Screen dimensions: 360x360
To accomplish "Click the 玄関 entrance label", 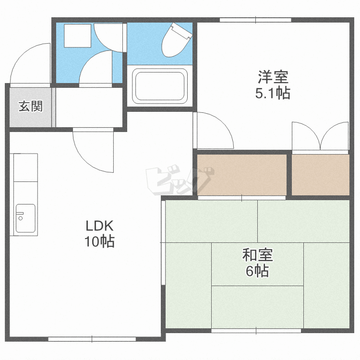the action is tap(31, 107).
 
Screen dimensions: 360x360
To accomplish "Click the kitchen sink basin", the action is tap(25, 218).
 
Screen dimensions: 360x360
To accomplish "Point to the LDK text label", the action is tap(99, 226).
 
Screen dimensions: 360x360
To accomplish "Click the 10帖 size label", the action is tap(99, 241).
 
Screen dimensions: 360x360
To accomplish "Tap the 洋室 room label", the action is tap(273, 77).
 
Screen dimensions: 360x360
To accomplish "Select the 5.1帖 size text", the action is tap(273, 93).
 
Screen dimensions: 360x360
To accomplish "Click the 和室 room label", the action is tap(257, 255).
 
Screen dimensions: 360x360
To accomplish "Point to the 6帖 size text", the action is tap(257, 271).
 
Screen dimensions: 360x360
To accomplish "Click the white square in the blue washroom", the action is tap(77, 36).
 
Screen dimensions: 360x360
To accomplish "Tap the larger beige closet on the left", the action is tap(242, 175).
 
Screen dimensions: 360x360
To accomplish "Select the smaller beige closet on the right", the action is tap(321, 175).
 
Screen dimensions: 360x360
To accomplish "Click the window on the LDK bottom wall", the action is tap(92, 339).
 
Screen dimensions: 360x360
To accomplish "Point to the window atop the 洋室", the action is tap(255, 20).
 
